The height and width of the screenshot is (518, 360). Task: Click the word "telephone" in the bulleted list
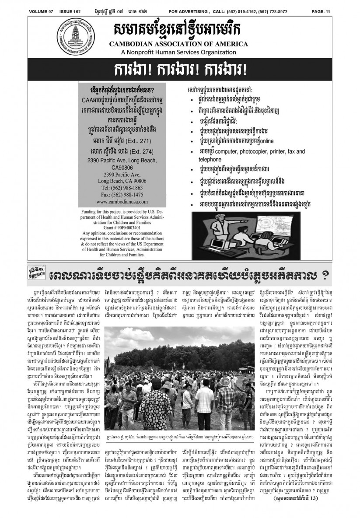point(211,160)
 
